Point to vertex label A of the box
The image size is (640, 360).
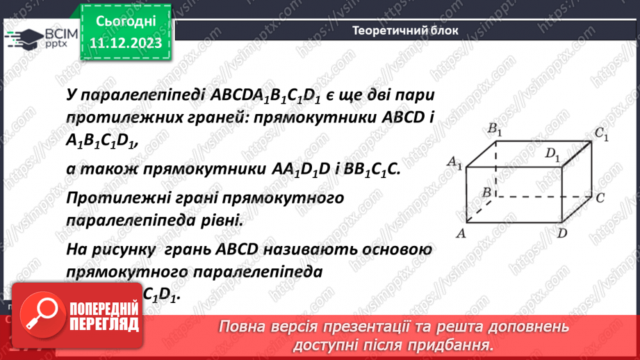point(459,234)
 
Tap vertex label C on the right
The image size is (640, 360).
point(600,198)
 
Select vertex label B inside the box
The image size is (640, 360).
point(488,192)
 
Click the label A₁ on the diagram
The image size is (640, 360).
point(456,163)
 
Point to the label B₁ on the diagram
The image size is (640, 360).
point(495,129)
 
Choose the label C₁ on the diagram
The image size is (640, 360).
point(600,135)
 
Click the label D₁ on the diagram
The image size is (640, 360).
point(552,154)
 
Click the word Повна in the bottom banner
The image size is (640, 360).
point(242,327)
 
